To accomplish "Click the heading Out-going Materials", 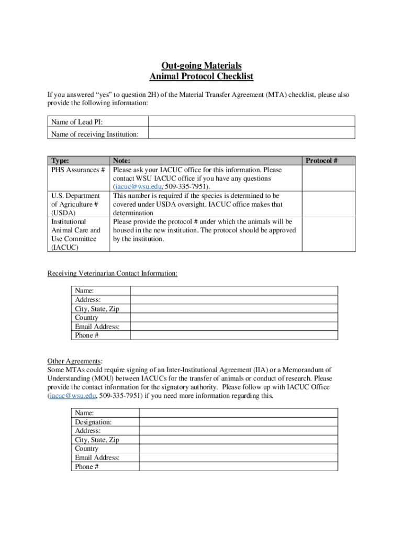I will [x=201, y=65].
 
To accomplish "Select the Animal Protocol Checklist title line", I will [x=201, y=76].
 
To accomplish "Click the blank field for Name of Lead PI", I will [x=251, y=122].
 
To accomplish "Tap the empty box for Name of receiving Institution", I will [x=251, y=135].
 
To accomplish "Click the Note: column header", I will [x=121, y=161].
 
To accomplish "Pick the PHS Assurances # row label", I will [x=79, y=170].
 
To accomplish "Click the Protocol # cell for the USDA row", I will [x=328, y=204].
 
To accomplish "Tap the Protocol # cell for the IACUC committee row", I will [x=328, y=234].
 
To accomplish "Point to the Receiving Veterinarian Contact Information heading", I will [x=112, y=273].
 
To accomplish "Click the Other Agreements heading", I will [x=75, y=361].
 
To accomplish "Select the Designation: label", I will [x=93, y=422].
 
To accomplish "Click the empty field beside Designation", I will [x=238, y=422].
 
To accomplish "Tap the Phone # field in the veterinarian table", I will [x=233, y=335].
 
